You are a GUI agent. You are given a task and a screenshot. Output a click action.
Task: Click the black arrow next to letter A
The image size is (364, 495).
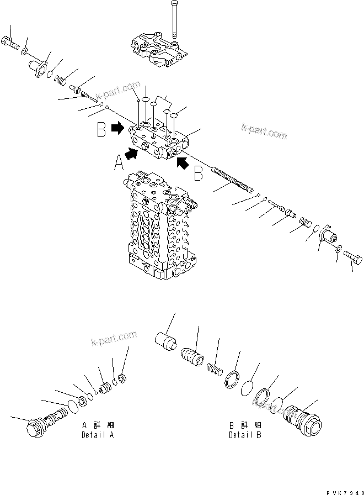(x=131, y=154)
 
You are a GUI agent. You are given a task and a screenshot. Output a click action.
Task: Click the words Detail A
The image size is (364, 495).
(x=98, y=434)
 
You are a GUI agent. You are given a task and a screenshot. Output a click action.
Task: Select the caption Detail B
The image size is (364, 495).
(x=245, y=434)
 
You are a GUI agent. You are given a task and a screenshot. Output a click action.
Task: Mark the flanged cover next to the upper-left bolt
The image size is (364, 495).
(x=39, y=71)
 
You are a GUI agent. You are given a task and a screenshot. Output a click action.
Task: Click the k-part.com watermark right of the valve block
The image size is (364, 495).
(x=264, y=130)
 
